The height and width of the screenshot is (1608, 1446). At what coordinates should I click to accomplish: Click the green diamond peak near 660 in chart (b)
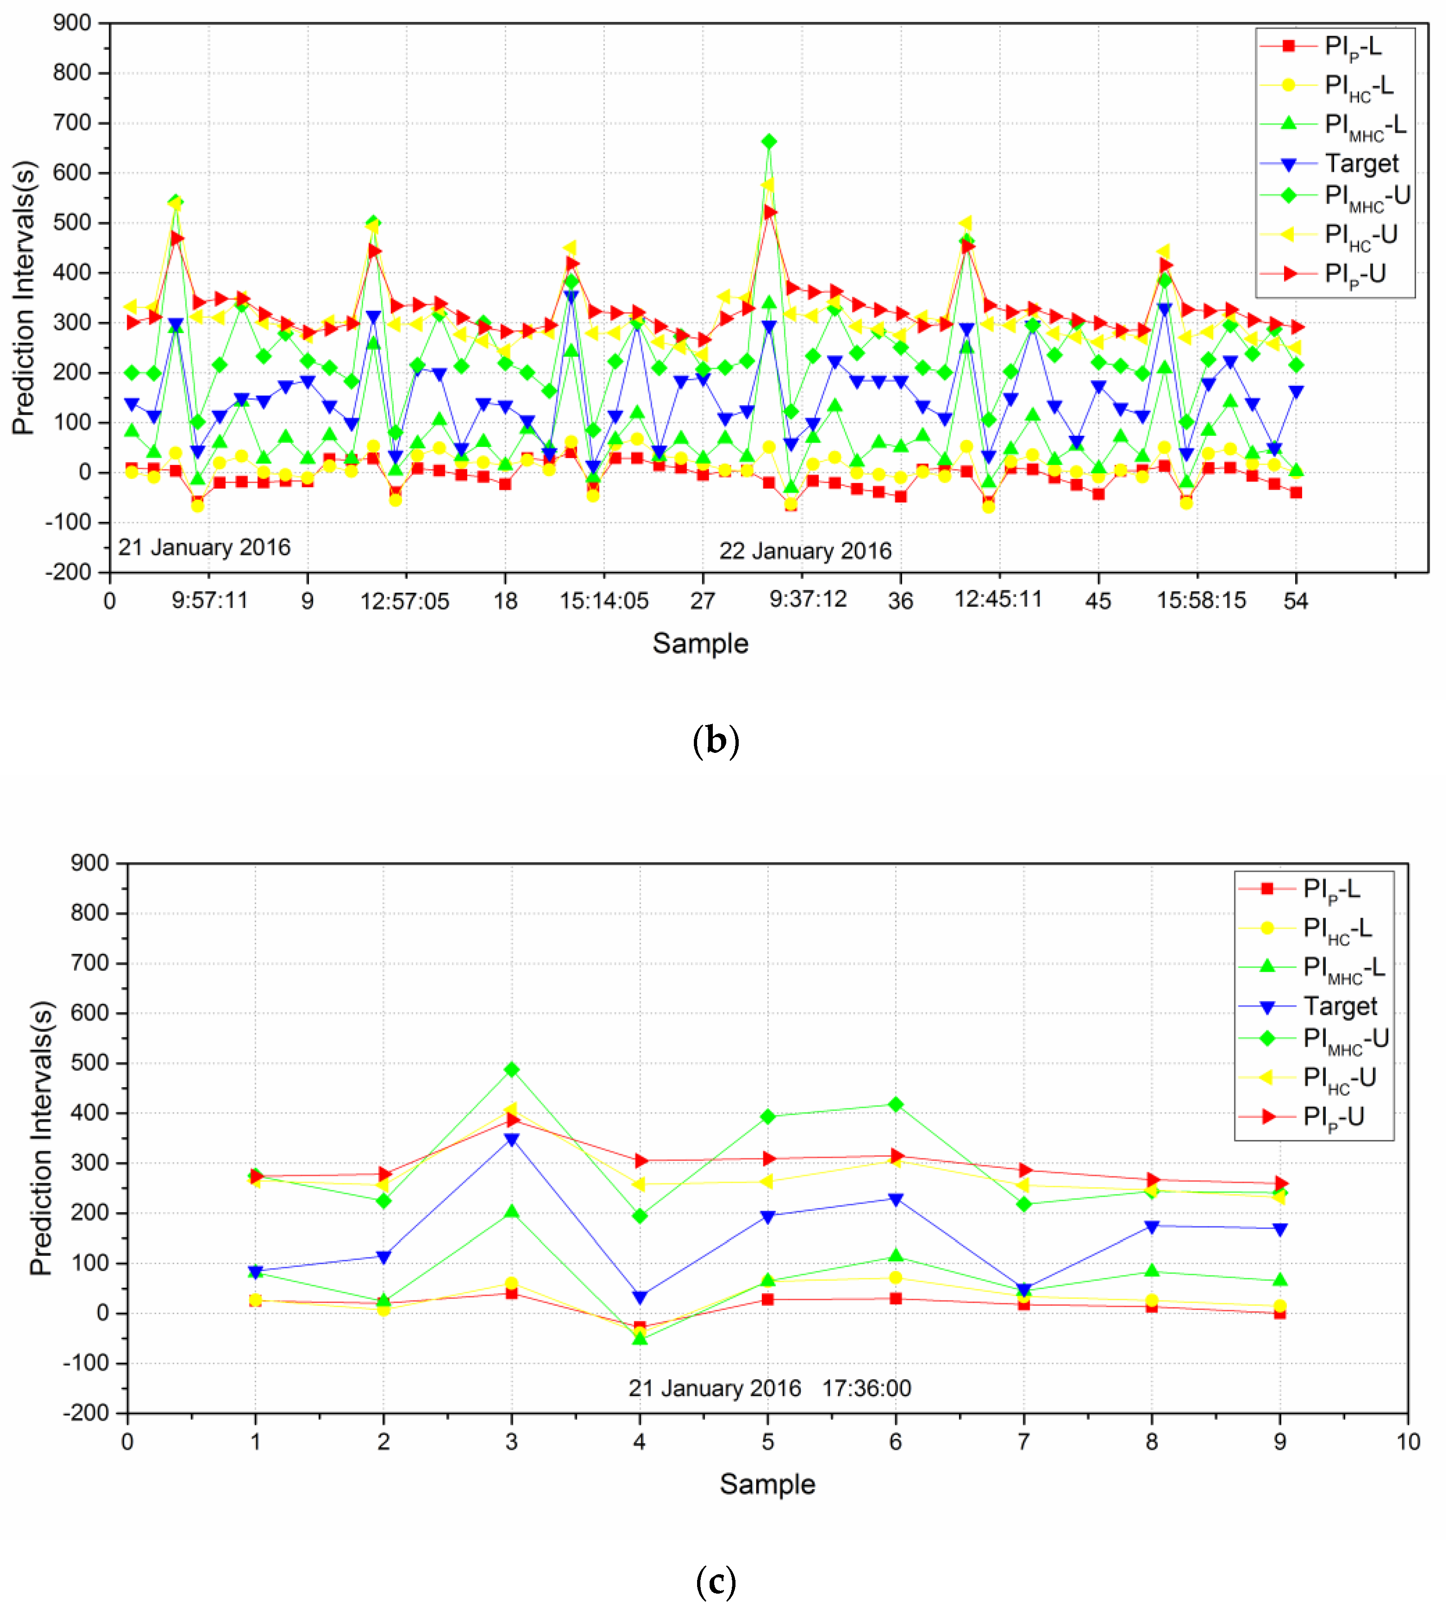pos(768,142)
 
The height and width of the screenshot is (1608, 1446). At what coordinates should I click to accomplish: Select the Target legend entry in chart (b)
pos(1361,164)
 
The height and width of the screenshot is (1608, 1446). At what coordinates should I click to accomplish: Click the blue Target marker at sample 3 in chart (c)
pos(512,1140)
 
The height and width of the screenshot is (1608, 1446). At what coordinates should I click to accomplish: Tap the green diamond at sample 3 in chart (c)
pos(512,1070)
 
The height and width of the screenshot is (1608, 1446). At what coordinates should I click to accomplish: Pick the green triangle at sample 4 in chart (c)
pos(640,1339)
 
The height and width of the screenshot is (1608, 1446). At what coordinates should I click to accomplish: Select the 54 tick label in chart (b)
pos(1295,601)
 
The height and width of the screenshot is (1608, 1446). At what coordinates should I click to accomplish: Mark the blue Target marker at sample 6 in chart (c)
pos(896,1199)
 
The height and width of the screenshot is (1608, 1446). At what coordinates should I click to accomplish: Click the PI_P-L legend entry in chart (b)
pos(1352,46)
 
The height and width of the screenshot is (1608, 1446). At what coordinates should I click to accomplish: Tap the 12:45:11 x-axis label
pos(997,599)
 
